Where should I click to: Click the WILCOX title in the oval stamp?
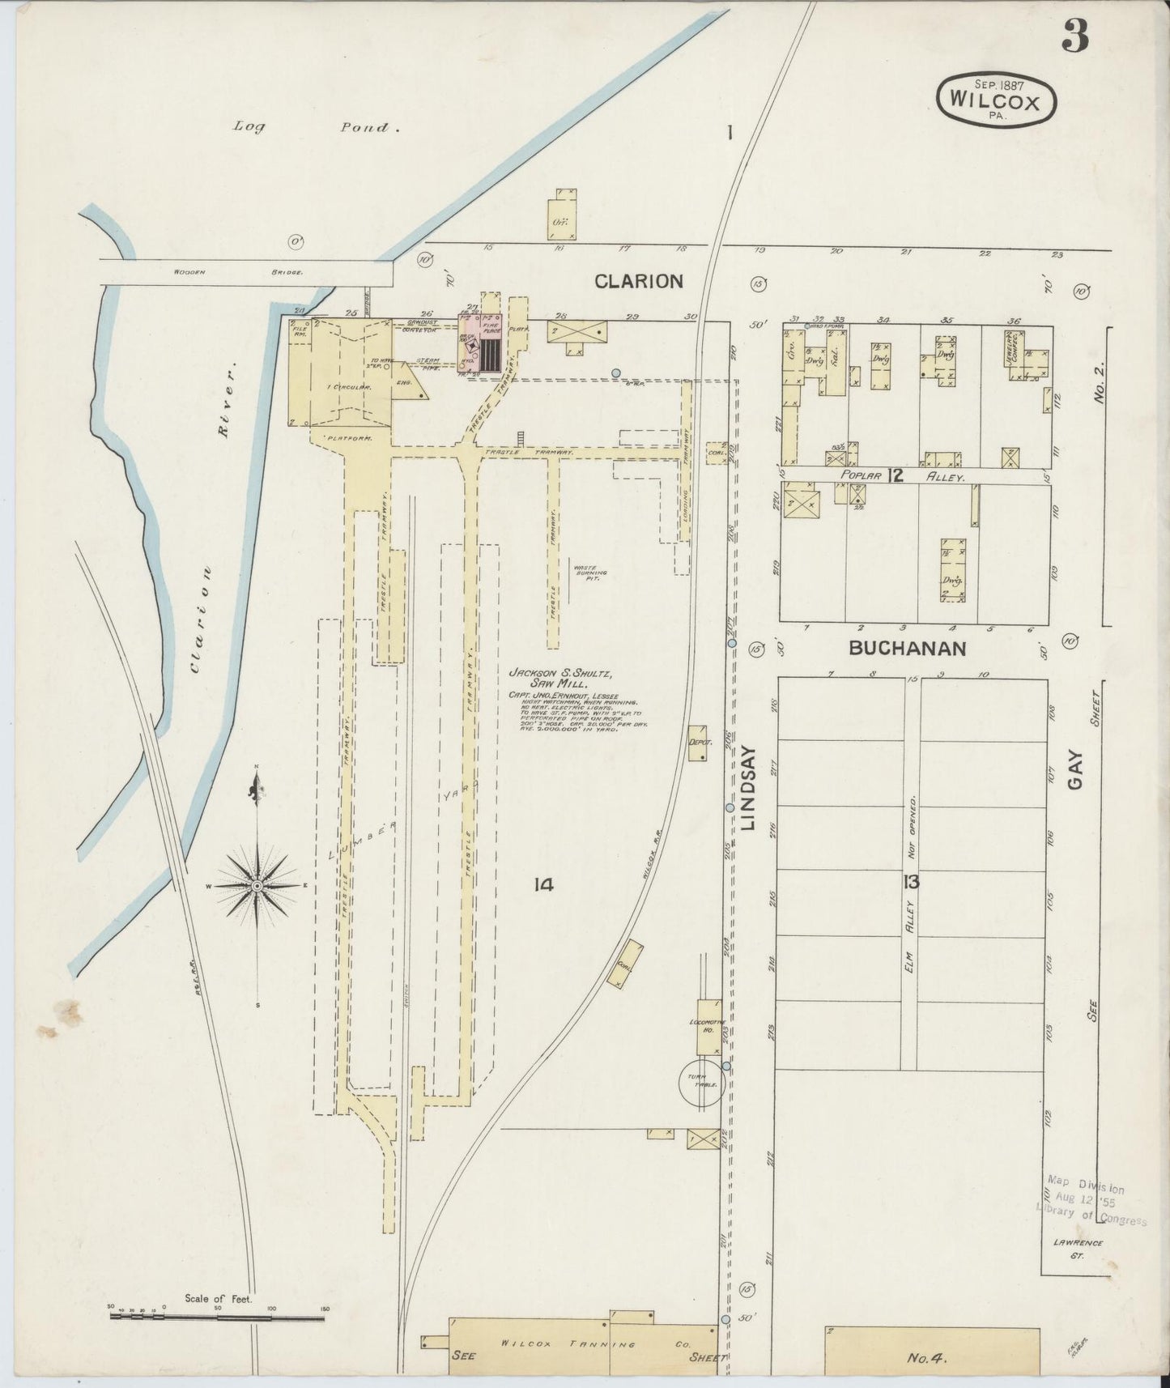pyautogui.click(x=996, y=100)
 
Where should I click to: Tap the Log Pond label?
pyautogui.click(x=311, y=127)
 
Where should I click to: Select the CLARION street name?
pyautogui.click(x=638, y=281)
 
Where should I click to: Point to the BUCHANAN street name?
pyautogui.click(x=907, y=649)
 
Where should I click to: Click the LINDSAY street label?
pyautogui.click(x=748, y=788)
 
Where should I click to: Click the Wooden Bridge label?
pyautogui.click(x=238, y=273)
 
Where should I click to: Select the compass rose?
pyautogui.click(x=257, y=886)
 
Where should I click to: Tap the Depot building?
pyautogui.click(x=697, y=743)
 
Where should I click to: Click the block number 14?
pyautogui.click(x=542, y=885)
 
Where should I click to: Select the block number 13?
pyautogui.click(x=912, y=883)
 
